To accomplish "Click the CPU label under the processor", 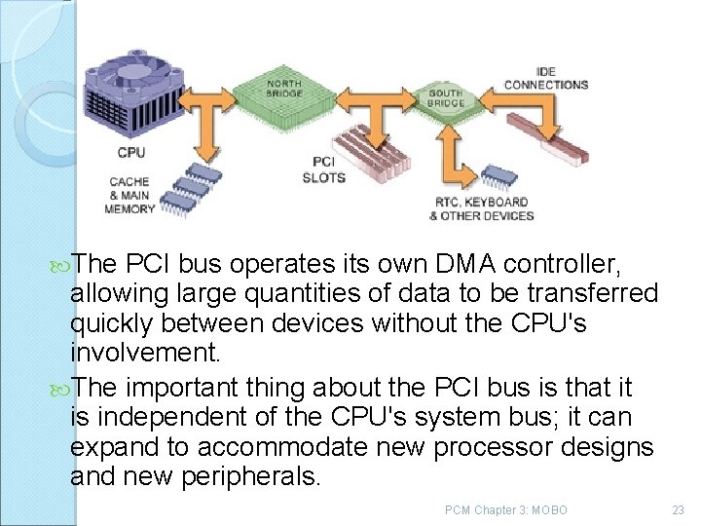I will (131, 152).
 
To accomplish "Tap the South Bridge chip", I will (446, 97).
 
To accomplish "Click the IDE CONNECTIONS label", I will (546, 79).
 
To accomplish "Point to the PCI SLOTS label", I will (323, 169).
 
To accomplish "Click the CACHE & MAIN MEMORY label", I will (129, 195).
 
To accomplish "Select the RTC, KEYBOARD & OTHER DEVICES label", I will (481, 208).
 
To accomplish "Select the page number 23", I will (679, 509).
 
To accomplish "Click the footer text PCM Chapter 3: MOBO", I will (505, 509).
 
